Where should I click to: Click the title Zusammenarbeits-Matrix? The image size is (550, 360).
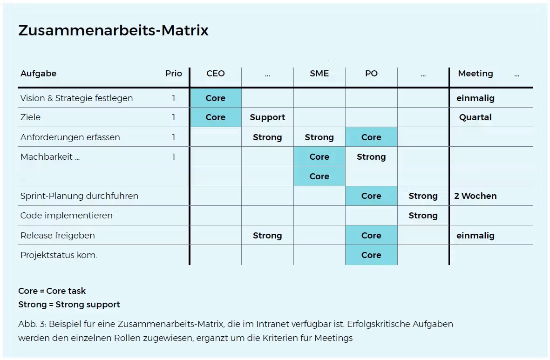[x=113, y=30]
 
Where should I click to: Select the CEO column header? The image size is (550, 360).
[x=215, y=73]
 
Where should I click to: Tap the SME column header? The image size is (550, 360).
[x=319, y=73]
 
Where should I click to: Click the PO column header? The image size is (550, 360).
[x=371, y=73]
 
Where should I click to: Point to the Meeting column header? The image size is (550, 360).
[x=475, y=73]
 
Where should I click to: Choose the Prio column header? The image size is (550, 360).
[x=174, y=73]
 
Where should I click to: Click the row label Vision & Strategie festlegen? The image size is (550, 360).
[x=76, y=98]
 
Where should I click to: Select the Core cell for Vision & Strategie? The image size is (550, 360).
[x=215, y=98]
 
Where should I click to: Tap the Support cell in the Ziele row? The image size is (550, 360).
[x=267, y=117]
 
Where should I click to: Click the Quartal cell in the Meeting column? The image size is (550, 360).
[x=475, y=117]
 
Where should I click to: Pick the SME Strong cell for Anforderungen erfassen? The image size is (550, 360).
[x=319, y=137]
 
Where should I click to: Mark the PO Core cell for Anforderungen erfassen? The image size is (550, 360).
[x=371, y=137]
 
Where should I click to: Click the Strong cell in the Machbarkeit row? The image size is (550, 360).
[x=371, y=157]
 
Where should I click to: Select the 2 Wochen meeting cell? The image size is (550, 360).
[x=475, y=196]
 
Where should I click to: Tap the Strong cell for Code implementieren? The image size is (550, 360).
[x=423, y=216]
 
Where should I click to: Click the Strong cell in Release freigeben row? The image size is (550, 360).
[x=267, y=236]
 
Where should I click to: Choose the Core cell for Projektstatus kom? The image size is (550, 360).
[x=371, y=255]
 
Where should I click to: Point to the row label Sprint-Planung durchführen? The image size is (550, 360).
[x=79, y=196]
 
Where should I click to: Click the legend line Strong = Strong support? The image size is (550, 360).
[x=69, y=304]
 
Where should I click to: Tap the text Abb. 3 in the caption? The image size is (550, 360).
[x=32, y=324]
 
